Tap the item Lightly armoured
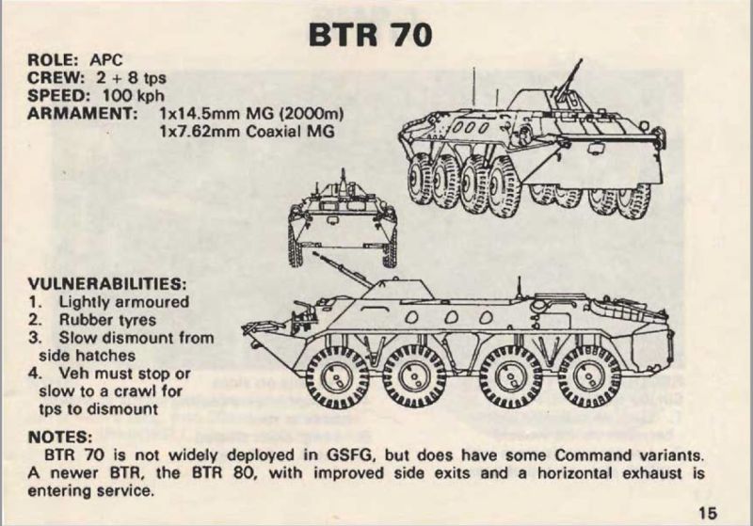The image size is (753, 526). (122, 302)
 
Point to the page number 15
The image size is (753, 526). (709, 513)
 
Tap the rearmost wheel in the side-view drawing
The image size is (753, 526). (587, 375)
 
